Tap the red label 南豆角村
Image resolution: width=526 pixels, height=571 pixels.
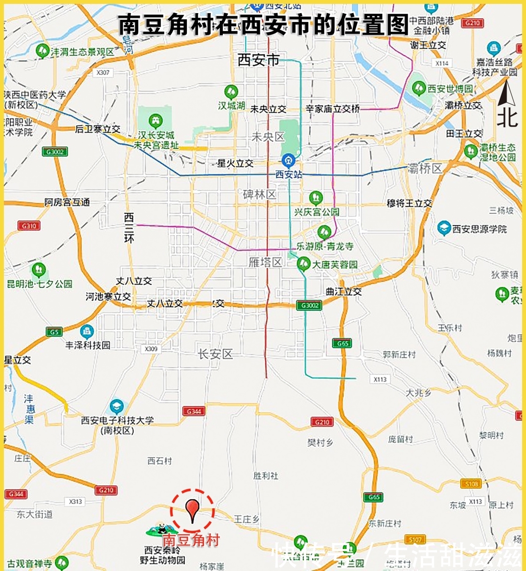191,540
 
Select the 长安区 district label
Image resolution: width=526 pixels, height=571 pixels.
215,354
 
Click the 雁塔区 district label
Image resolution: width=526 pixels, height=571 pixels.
265,262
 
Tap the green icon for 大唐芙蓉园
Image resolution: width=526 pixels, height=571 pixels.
303,263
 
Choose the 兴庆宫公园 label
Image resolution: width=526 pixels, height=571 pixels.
317,211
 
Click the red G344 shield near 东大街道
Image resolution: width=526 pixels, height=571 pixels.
16,493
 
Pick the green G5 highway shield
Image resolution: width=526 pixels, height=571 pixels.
54,332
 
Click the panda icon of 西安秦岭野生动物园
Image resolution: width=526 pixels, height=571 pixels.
162,529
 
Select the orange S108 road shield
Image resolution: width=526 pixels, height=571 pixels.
471,483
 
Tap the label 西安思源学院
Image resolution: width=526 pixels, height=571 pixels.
479,229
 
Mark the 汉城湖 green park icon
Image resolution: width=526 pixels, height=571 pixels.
231,91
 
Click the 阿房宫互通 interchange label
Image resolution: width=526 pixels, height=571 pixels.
67,202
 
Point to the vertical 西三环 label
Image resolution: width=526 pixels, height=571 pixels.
129,228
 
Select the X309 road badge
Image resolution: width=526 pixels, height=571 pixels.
151,349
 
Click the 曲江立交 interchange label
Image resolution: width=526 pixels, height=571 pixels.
343,291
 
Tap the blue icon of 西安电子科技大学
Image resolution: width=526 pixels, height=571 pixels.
116,407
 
